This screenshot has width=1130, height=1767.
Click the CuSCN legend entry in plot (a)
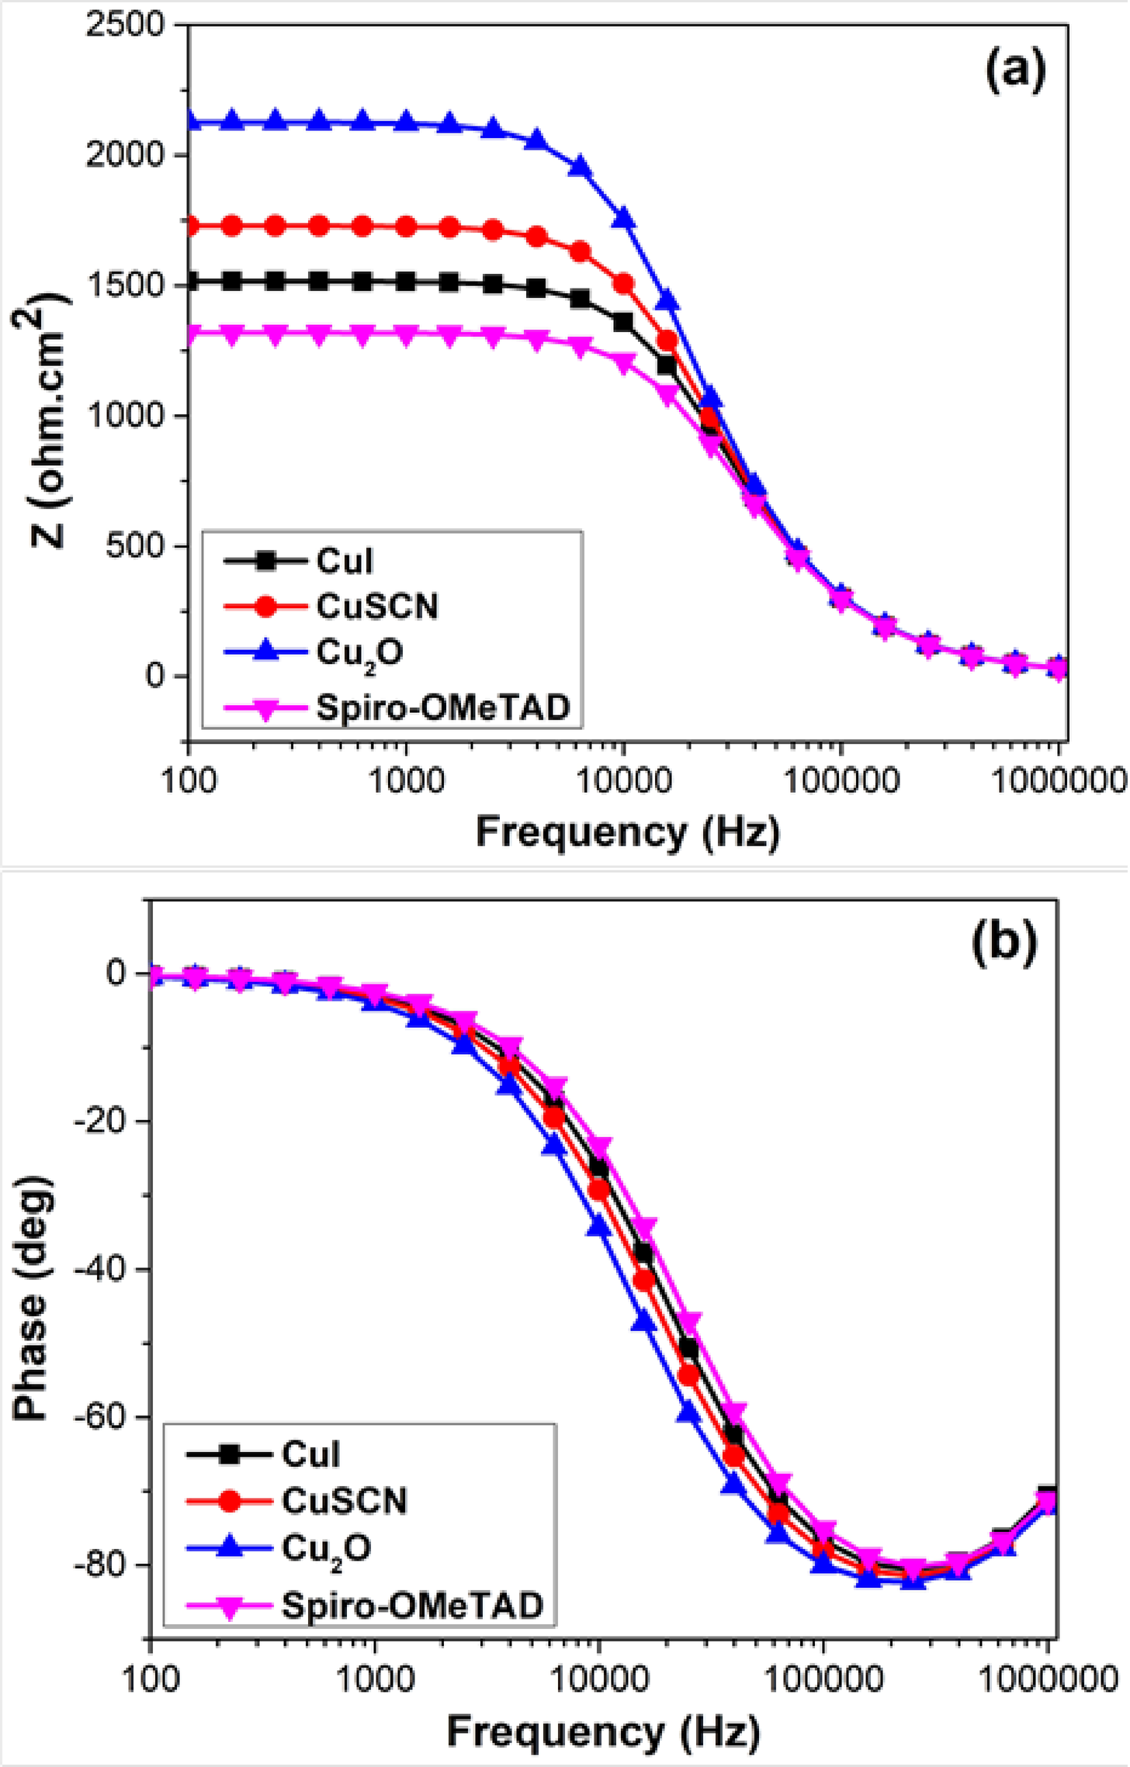coord(376,607)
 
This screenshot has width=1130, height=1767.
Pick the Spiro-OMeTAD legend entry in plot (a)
coord(442,707)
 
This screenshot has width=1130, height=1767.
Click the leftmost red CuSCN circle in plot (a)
coord(189,226)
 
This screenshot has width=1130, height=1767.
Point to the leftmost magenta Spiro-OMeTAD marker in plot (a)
coord(189,333)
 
